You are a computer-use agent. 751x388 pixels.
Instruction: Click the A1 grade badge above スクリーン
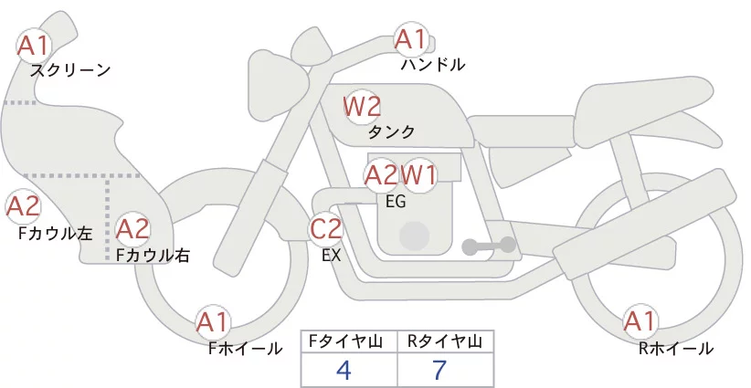(x=34, y=46)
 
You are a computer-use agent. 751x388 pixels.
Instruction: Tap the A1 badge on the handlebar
(x=411, y=39)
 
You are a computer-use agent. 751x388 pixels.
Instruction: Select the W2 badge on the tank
(x=362, y=107)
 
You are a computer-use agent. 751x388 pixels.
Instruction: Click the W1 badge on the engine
(x=418, y=175)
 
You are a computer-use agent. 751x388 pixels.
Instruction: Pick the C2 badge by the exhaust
(x=325, y=228)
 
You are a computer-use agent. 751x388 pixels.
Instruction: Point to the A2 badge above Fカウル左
(x=23, y=206)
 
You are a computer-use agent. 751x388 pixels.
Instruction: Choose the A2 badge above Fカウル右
(x=133, y=229)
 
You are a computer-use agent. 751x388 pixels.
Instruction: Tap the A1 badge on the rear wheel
(x=640, y=321)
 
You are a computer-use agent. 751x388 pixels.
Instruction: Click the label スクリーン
(x=70, y=71)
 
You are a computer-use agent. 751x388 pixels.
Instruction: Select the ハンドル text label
(x=433, y=64)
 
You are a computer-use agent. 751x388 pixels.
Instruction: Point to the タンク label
(x=391, y=131)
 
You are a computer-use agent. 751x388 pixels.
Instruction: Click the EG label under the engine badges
(x=396, y=202)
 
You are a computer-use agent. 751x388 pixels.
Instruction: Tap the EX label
(x=332, y=256)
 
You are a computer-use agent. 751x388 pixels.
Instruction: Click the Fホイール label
(x=245, y=349)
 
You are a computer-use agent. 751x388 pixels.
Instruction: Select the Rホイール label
(x=676, y=349)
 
